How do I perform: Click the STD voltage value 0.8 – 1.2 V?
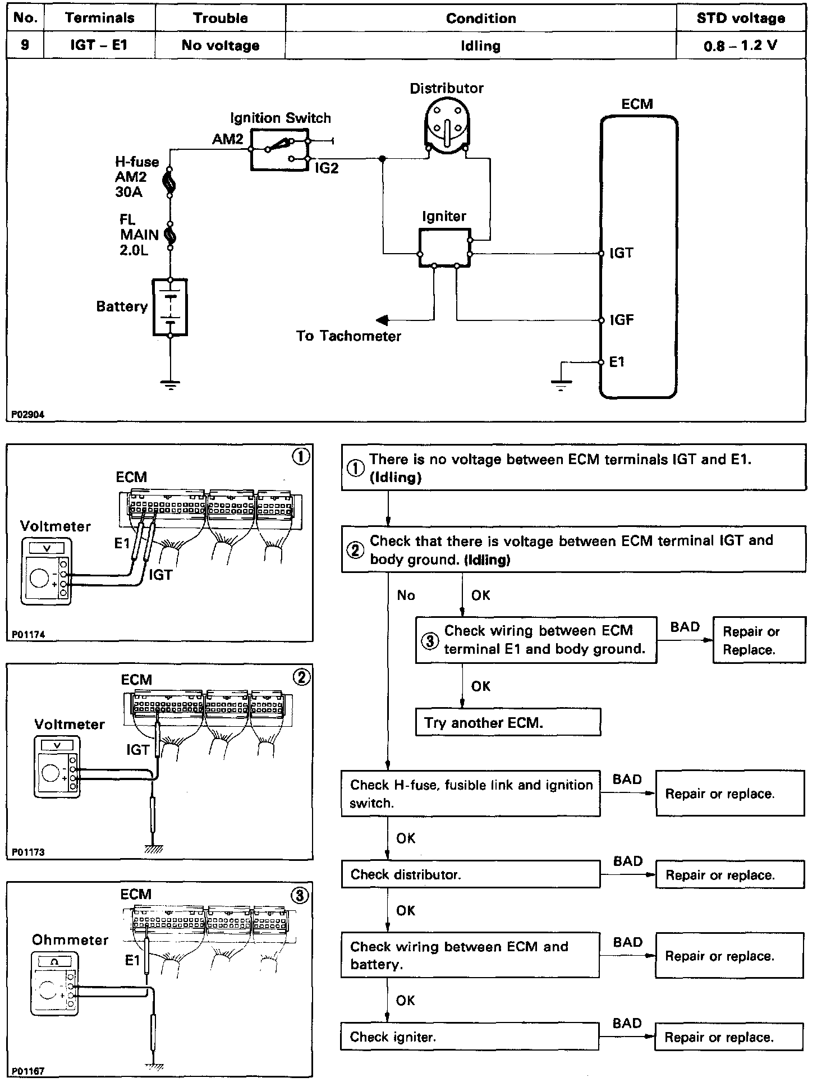[740, 45]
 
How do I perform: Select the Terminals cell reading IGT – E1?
[99, 45]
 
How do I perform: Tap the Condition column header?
[480, 18]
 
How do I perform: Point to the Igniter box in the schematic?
[444, 247]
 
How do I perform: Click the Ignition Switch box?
[279, 149]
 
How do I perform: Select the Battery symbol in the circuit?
[170, 307]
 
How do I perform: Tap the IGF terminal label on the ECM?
[622, 320]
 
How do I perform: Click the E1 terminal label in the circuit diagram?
[617, 362]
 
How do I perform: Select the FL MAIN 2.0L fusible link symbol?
[169, 235]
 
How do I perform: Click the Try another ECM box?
[508, 722]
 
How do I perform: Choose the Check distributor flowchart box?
[470, 874]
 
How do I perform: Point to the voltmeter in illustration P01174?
[47, 571]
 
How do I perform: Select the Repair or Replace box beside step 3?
[759, 640]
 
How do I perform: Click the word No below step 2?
[406, 595]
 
